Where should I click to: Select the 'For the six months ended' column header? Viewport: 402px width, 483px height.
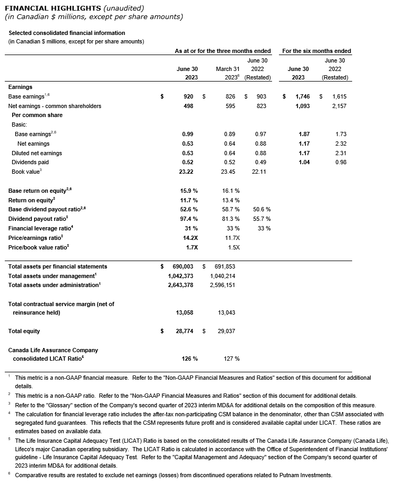coord(316,51)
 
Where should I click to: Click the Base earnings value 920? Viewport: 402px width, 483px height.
coord(188,97)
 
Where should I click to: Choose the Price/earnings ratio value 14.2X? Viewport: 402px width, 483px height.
coord(190,238)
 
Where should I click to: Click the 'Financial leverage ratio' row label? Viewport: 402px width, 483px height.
coord(38,228)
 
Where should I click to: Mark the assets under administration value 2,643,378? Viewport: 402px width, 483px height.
coord(180,285)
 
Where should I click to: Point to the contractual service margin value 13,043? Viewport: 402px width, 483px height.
coord(226,312)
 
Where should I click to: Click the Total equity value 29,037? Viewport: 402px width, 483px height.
coord(226,331)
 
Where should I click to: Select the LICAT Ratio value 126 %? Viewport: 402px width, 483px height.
coord(189,359)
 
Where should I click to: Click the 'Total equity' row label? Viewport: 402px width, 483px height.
coord(24,331)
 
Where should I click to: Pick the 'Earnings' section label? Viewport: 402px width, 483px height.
coord(20,87)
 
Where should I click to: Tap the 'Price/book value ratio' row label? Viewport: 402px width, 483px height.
coord(37,247)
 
